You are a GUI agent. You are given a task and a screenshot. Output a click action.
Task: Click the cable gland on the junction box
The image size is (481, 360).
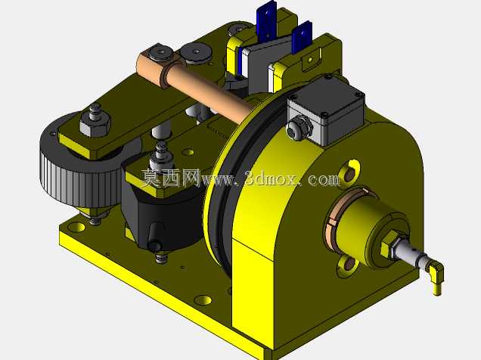coord(298,129)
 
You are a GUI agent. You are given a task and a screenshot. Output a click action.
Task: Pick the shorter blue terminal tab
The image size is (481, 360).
coord(302,37)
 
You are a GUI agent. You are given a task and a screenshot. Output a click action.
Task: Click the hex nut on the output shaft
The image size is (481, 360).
coord(390,244)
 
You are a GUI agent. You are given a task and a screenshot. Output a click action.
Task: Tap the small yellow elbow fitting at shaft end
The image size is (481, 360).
coord(436,278)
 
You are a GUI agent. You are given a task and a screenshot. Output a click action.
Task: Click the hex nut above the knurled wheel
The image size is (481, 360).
coord(95,123)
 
